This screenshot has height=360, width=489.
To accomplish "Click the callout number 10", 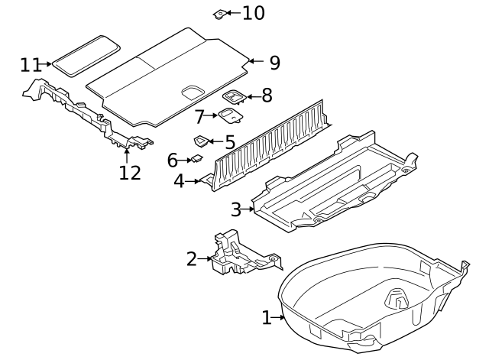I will (x=254, y=13).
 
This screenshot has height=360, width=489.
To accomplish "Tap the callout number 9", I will (x=274, y=63).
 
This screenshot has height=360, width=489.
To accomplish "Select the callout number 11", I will (x=31, y=64).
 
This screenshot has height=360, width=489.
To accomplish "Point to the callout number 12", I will (x=130, y=173).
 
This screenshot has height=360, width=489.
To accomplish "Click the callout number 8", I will (x=266, y=96).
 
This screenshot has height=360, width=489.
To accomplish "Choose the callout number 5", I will (x=230, y=141).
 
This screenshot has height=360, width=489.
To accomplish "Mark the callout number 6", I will (x=173, y=161).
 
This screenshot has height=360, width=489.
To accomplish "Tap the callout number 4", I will (x=179, y=181).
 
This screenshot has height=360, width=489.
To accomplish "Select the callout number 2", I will (x=192, y=259).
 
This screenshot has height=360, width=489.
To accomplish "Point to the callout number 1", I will (x=267, y=317).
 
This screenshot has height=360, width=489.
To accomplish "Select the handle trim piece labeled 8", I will (x=233, y=96).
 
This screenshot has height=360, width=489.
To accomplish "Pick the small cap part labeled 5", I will (x=202, y=141).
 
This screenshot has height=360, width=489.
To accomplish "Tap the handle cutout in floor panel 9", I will (x=192, y=92).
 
